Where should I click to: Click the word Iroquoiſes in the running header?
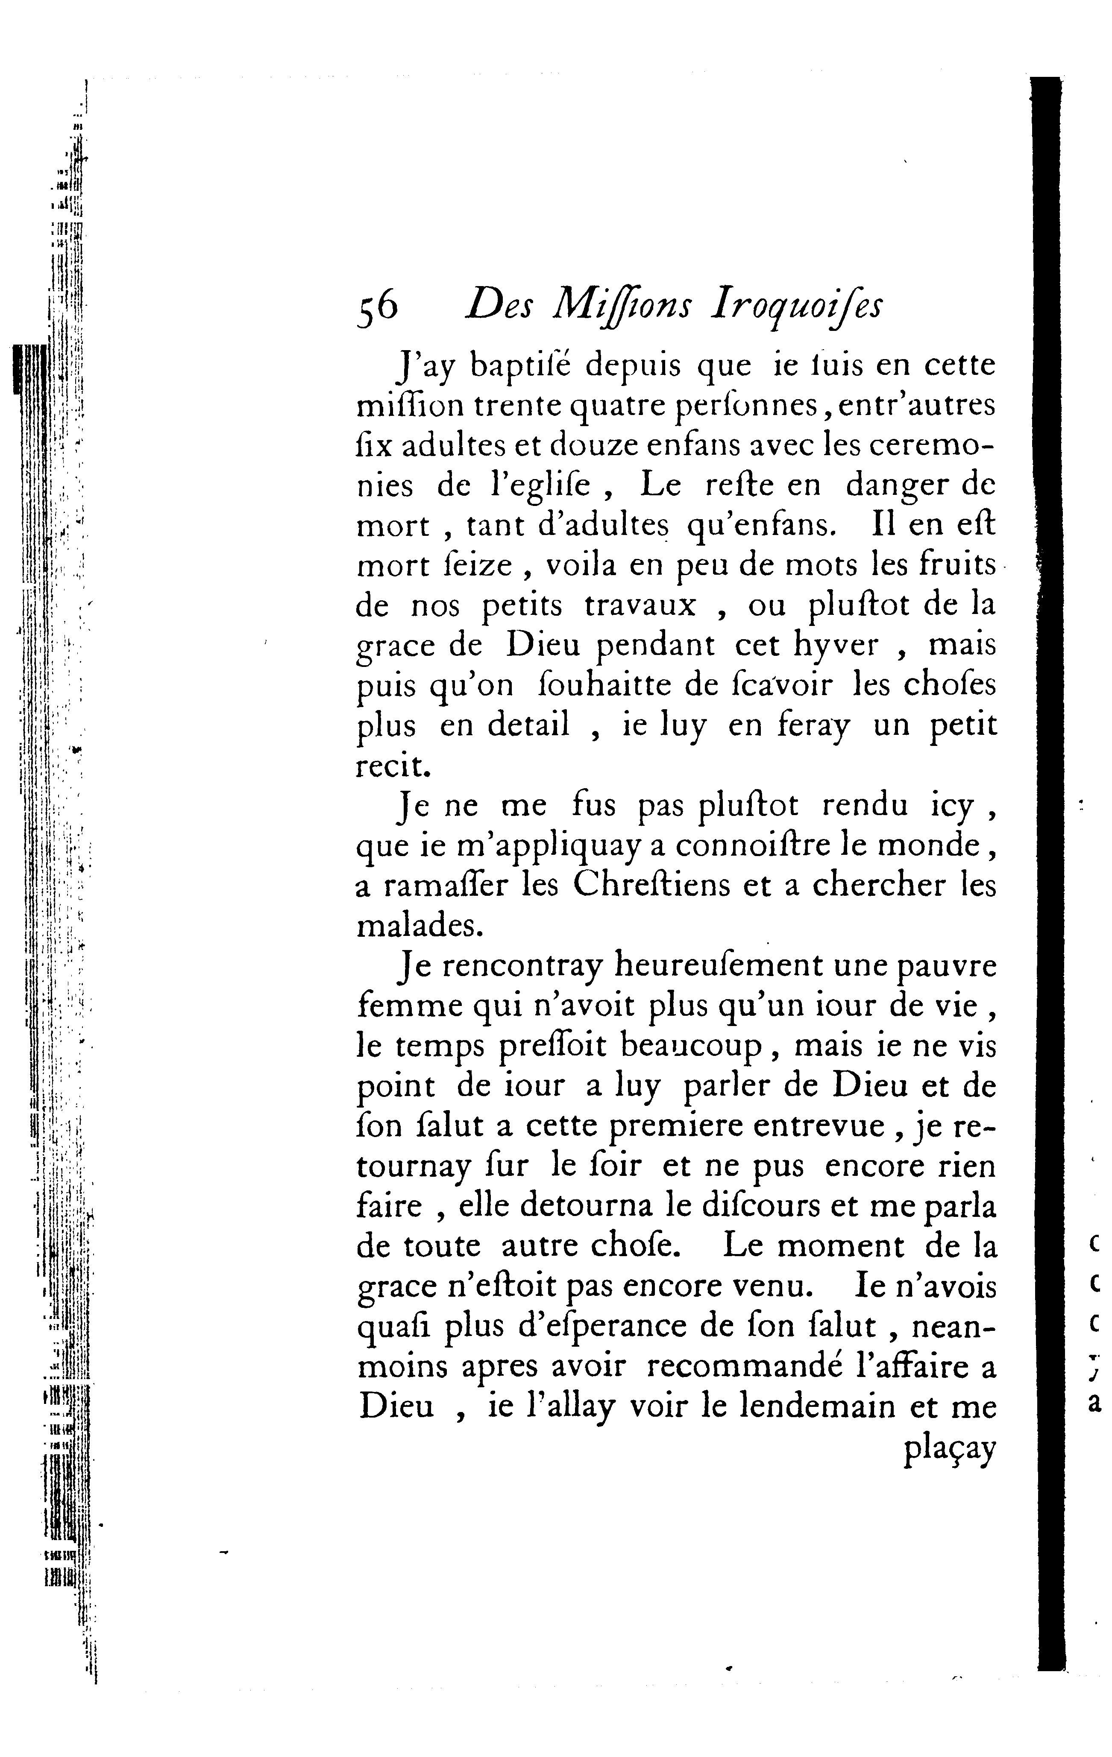796,307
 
